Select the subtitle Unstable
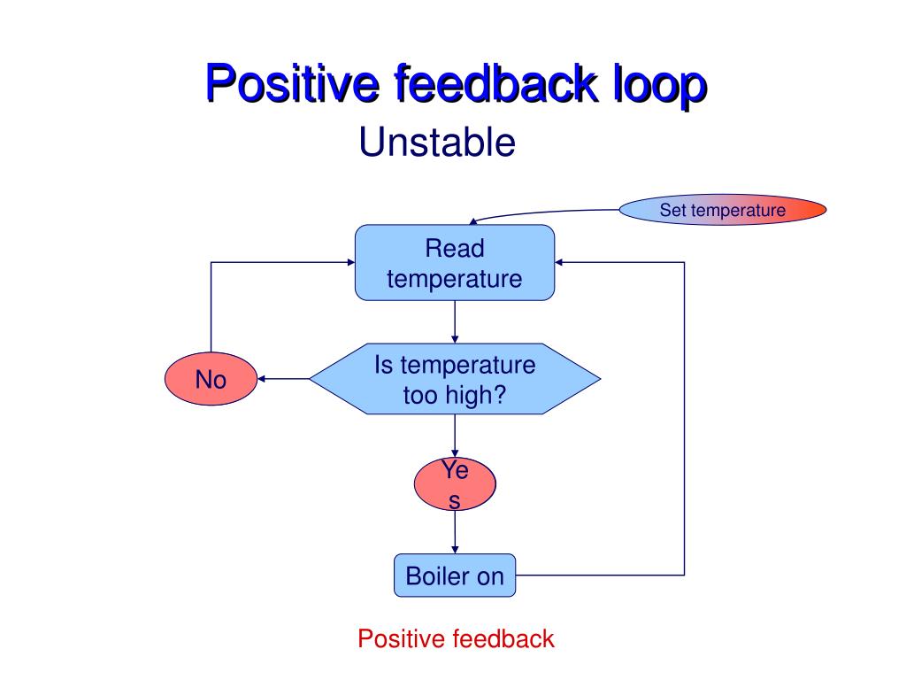tap(436, 142)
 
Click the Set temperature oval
tap(722, 211)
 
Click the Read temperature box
tap(454, 263)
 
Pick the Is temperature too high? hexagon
tap(454, 379)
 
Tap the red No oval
tap(211, 380)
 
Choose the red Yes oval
tap(455, 485)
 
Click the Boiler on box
tap(454, 576)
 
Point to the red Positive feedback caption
tap(456, 638)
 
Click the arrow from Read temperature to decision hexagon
tap(455, 321)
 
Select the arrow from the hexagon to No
tap(283, 379)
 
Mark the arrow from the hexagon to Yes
tap(455, 437)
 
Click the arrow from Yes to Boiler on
tap(455, 533)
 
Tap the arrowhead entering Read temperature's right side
tap(560, 262)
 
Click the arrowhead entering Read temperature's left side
tap(349, 262)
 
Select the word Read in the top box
tap(454, 249)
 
